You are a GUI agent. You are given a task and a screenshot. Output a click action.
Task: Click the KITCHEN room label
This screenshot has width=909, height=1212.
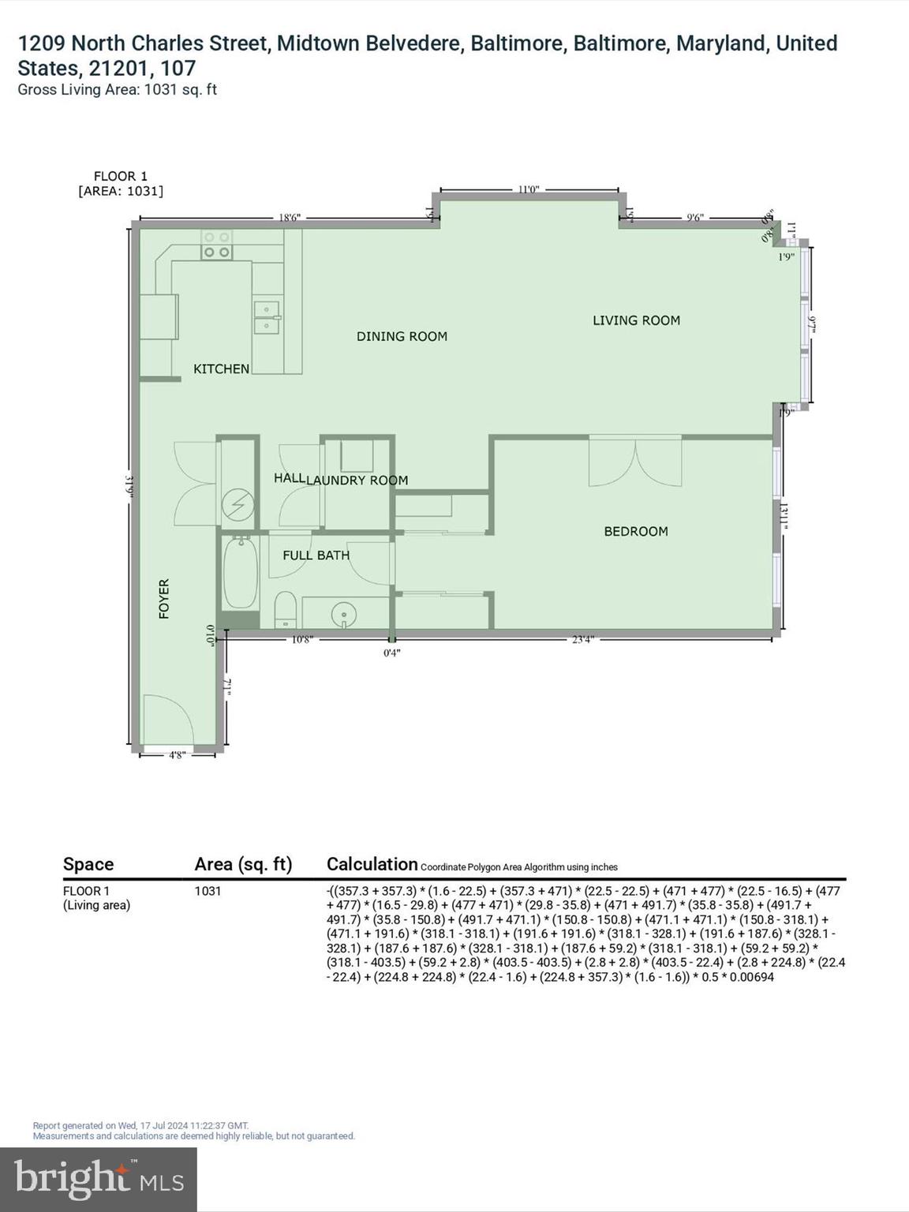[x=221, y=368]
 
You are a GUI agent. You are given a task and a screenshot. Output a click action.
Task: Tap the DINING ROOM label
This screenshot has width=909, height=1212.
[x=402, y=336]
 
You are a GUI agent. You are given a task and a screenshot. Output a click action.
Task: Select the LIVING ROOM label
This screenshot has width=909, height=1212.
[x=636, y=320]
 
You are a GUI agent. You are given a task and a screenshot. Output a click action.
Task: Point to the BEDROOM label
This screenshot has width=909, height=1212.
[x=635, y=531]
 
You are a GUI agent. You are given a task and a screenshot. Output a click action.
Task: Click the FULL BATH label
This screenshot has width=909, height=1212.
[x=316, y=555]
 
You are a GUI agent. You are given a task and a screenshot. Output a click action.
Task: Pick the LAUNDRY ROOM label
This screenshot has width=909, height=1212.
[x=357, y=480]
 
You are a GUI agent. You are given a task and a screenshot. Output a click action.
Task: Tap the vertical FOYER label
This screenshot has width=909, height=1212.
[x=164, y=598]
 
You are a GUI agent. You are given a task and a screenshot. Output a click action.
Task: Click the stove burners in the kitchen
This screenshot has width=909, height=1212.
[x=216, y=245]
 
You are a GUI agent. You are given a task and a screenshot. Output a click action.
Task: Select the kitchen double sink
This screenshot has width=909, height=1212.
[x=267, y=317]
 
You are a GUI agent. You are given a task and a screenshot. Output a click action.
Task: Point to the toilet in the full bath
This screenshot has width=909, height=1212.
[x=284, y=608]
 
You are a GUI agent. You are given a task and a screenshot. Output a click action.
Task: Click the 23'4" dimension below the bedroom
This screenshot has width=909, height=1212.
[x=582, y=640]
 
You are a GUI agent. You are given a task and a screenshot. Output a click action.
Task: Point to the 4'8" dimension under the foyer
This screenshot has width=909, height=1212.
[x=177, y=755]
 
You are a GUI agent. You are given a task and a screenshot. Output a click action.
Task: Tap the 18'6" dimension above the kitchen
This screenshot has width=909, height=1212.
[x=289, y=218]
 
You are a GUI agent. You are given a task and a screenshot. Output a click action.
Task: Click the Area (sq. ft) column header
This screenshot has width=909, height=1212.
[x=243, y=864]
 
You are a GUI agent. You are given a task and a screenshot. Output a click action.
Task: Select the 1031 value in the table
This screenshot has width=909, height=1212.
[x=208, y=891]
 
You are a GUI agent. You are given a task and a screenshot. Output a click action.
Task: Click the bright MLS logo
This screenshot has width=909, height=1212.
[x=99, y=1179]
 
